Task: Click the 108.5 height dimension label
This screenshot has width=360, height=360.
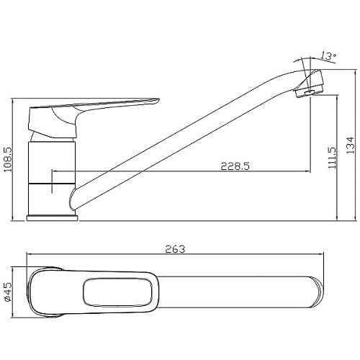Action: [x=9, y=159]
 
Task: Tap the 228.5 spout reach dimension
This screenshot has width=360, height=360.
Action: [x=235, y=166]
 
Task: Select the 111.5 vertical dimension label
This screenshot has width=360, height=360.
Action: [x=333, y=158]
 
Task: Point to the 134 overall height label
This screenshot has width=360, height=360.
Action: [x=350, y=145]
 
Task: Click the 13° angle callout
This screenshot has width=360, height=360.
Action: [x=328, y=56]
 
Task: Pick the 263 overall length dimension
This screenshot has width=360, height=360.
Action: [x=175, y=249]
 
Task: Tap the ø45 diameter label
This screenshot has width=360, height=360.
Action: [x=8, y=292]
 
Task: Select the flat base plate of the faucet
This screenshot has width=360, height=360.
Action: [x=53, y=218]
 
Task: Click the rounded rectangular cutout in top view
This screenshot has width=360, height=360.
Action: [x=118, y=292]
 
